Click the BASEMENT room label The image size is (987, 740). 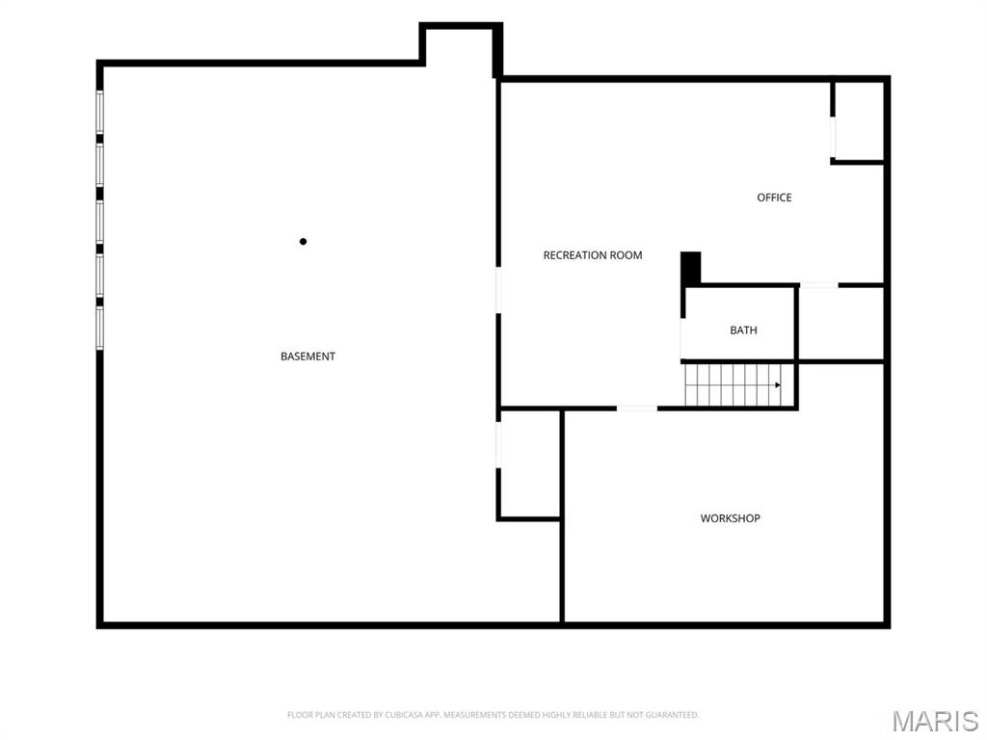click(307, 357)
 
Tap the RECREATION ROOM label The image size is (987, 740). click(593, 254)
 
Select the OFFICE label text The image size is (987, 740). click(774, 198)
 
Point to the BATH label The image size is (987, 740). click(743, 330)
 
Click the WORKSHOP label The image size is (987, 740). click(731, 517)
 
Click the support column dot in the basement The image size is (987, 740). click(303, 241)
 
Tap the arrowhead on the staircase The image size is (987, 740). click(778, 384)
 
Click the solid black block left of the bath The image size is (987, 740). click(690, 269)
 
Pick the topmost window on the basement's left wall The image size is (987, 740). click(99, 112)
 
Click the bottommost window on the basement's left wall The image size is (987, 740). click(99, 328)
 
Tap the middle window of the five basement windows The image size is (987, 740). click(99, 222)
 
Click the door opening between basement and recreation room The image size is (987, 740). click(498, 290)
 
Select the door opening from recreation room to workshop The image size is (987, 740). click(637, 409)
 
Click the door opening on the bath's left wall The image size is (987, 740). click(683, 338)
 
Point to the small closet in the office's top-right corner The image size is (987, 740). click(859, 120)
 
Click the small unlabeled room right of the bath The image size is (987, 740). click(841, 324)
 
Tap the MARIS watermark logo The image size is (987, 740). click(935, 721)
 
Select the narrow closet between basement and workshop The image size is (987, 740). click(530, 463)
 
